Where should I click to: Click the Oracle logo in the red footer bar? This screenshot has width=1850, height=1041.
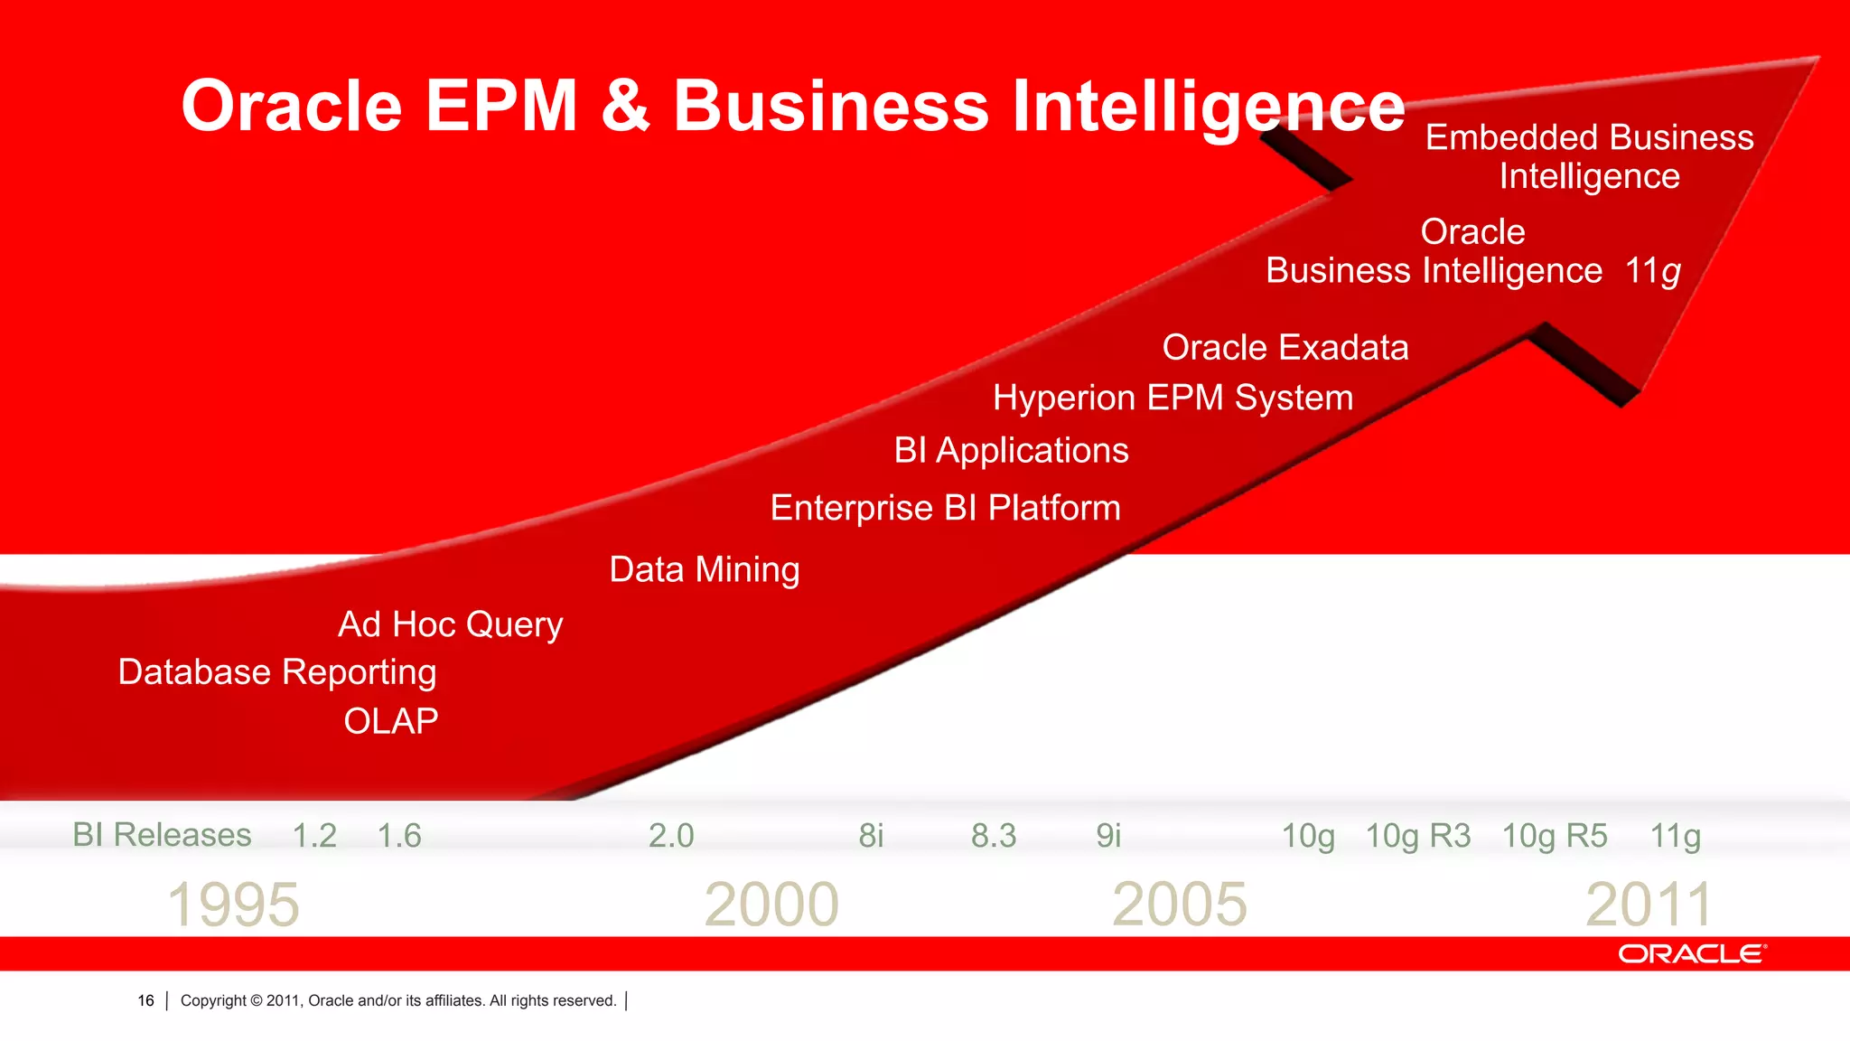coord(1691,954)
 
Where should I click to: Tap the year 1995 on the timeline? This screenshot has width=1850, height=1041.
coord(233,905)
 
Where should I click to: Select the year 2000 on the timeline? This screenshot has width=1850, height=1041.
coord(771,905)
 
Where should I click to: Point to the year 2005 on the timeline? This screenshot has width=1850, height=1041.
coord(1179,905)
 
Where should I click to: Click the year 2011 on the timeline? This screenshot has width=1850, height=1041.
coord(1649,905)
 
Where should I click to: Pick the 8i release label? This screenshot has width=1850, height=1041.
coord(871,836)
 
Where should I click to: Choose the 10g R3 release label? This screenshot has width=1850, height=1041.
coord(1417,836)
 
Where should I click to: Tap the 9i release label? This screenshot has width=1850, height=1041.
coord(1108,836)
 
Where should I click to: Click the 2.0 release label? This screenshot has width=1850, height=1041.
coord(671,836)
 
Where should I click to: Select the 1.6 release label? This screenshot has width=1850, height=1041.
coord(399,836)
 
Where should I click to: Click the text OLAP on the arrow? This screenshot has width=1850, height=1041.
coord(390,721)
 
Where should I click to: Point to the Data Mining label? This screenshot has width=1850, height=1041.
coord(705,569)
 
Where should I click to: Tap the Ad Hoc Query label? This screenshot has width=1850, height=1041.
coord(450,624)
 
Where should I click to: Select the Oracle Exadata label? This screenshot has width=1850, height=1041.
coord(1285,348)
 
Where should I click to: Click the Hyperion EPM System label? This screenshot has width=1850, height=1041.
coord(1173,399)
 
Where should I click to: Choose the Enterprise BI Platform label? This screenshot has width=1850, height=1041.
coord(945,508)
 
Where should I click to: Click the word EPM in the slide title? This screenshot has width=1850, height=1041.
coord(501,106)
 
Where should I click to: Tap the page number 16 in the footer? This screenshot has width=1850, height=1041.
coord(145,1000)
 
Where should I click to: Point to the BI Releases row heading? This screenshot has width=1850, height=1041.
coord(162,835)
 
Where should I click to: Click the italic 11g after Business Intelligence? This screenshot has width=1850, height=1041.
coord(1652,271)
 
